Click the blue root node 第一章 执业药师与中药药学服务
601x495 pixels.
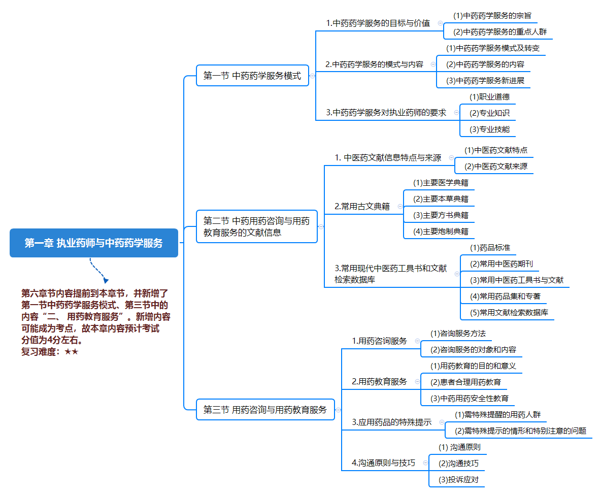pyautogui.click(x=94, y=243)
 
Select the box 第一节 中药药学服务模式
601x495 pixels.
pyautogui.click(x=252, y=76)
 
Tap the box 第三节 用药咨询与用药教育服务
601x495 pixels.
pyautogui.click(x=265, y=410)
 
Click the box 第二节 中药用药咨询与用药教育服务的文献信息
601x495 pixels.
pyautogui.click(x=256, y=226)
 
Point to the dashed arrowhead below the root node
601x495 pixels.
pyautogui.click(x=106, y=280)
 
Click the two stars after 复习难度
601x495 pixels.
pyautogui.click(x=71, y=352)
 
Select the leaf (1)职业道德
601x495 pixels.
pyautogui.click(x=489, y=97)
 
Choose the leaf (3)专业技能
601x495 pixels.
pyautogui.click(x=489, y=129)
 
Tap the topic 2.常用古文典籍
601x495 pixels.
pyautogui.click(x=362, y=206)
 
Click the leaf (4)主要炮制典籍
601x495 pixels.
pyautogui.click(x=441, y=232)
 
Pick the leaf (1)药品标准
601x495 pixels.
pyautogui.click(x=490, y=248)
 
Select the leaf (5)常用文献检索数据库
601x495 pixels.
pyautogui.click(x=509, y=313)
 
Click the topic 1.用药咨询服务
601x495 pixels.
pyautogui.click(x=380, y=341)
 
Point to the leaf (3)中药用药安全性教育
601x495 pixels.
pyautogui.click(x=469, y=399)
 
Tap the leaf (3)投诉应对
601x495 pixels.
pyautogui.click(x=458, y=480)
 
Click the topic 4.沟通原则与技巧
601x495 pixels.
pyautogui.click(x=383, y=463)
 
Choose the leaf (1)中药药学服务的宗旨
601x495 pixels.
pyautogui.click(x=492, y=16)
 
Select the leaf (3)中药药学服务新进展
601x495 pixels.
pyautogui.click(x=485, y=81)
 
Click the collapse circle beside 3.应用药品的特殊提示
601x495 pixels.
pyautogui.click(x=442, y=422)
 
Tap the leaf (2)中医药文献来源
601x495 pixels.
pyautogui.click(x=495, y=167)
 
